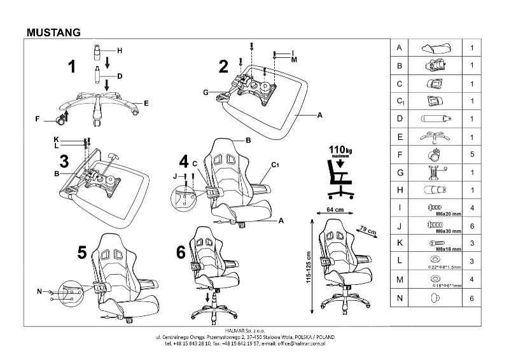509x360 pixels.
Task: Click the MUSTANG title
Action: pos(53,31)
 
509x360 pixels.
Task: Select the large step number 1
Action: pos(73,66)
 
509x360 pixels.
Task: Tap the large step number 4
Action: pos(184,161)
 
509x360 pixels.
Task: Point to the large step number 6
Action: pos(181,252)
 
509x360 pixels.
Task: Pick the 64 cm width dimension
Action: pos(335,209)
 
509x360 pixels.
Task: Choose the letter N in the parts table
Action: pos(399,297)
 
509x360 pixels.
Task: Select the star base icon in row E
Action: pos(435,136)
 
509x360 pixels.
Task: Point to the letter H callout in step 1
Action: pos(119,50)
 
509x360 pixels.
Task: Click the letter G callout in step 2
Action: pos(206,93)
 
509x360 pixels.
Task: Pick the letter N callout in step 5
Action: pos(39,292)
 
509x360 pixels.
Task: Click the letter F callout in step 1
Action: pos(38,119)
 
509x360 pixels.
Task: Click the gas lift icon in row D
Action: pos(435,118)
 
